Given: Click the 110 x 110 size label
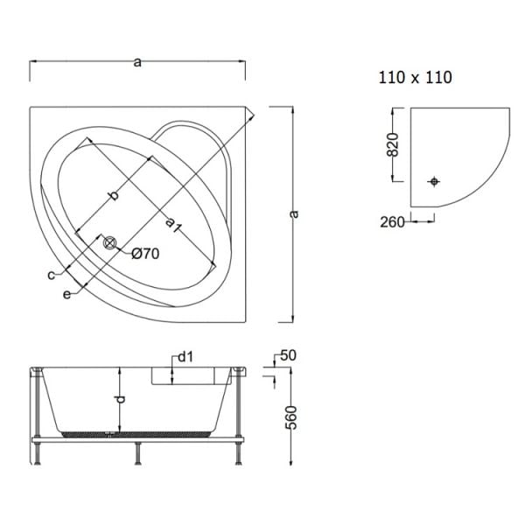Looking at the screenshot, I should [415, 78].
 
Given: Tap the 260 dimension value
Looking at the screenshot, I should [394, 222].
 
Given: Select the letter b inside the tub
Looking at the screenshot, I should [114, 196].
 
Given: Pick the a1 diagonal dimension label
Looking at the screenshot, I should [172, 225].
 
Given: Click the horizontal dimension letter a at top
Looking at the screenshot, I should [137, 61].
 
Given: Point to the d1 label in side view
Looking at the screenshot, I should [185, 356].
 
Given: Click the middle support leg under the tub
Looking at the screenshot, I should [137, 453].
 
